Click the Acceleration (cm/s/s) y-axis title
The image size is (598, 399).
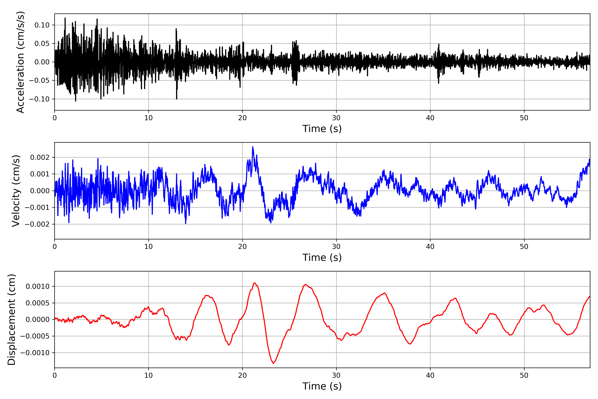pyautogui.click(x=20, y=62)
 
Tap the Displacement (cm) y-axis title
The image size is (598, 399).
pyautogui.click(x=11, y=319)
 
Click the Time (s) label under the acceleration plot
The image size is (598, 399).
pyautogui.click(x=322, y=129)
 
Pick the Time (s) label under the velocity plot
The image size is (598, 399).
pyautogui.click(x=322, y=258)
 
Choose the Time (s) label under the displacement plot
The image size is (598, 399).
pyautogui.click(x=322, y=386)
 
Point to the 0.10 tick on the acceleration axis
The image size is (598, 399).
pyautogui.click(x=42, y=25)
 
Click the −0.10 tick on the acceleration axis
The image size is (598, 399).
pyautogui.click(x=39, y=99)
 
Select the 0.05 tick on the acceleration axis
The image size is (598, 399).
pyautogui.click(x=42, y=44)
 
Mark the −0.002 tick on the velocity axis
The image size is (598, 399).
pyautogui.click(x=37, y=224)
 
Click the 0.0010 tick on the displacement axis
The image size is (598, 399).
pyautogui.click(x=38, y=286)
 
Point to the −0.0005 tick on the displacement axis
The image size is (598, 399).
pyautogui.click(x=35, y=336)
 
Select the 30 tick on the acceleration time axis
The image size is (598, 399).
pyautogui.click(x=336, y=118)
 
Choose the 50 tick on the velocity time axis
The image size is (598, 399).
pyautogui.click(x=524, y=247)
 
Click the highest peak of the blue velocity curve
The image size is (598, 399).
pyautogui.click(x=252, y=147)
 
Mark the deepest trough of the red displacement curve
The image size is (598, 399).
pyautogui.click(x=273, y=363)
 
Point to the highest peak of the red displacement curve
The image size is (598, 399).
pyautogui.click(x=254, y=283)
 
